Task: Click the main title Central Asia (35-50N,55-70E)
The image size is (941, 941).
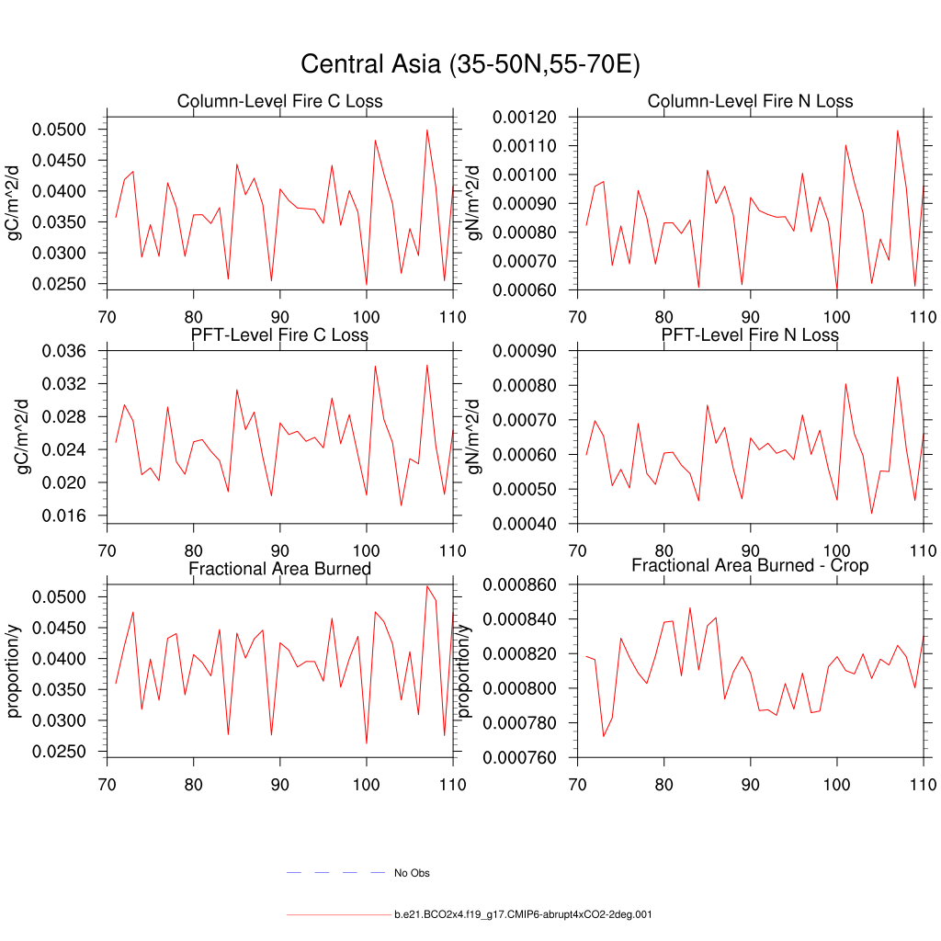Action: tap(470, 64)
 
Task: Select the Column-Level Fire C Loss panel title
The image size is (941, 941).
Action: tap(279, 101)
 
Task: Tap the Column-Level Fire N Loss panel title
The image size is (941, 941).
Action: tap(750, 101)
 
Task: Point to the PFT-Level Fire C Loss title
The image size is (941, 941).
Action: tap(279, 334)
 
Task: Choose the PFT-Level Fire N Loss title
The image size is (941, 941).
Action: tap(750, 334)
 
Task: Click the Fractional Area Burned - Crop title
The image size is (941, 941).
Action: tap(750, 565)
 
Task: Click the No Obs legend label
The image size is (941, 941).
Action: tap(412, 873)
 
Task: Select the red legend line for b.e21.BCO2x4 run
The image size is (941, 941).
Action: tap(338, 915)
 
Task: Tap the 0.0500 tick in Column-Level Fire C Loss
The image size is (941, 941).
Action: tap(59, 130)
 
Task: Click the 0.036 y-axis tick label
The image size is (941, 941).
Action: tap(64, 351)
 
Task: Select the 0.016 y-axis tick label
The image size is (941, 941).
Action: tap(64, 516)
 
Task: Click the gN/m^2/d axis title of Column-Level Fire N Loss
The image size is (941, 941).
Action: tap(474, 202)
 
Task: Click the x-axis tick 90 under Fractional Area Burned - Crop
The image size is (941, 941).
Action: tap(750, 786)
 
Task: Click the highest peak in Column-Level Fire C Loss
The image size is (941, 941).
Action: tap(427, 130)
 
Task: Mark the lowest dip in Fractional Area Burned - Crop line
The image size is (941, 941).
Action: tap(603, 736)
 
